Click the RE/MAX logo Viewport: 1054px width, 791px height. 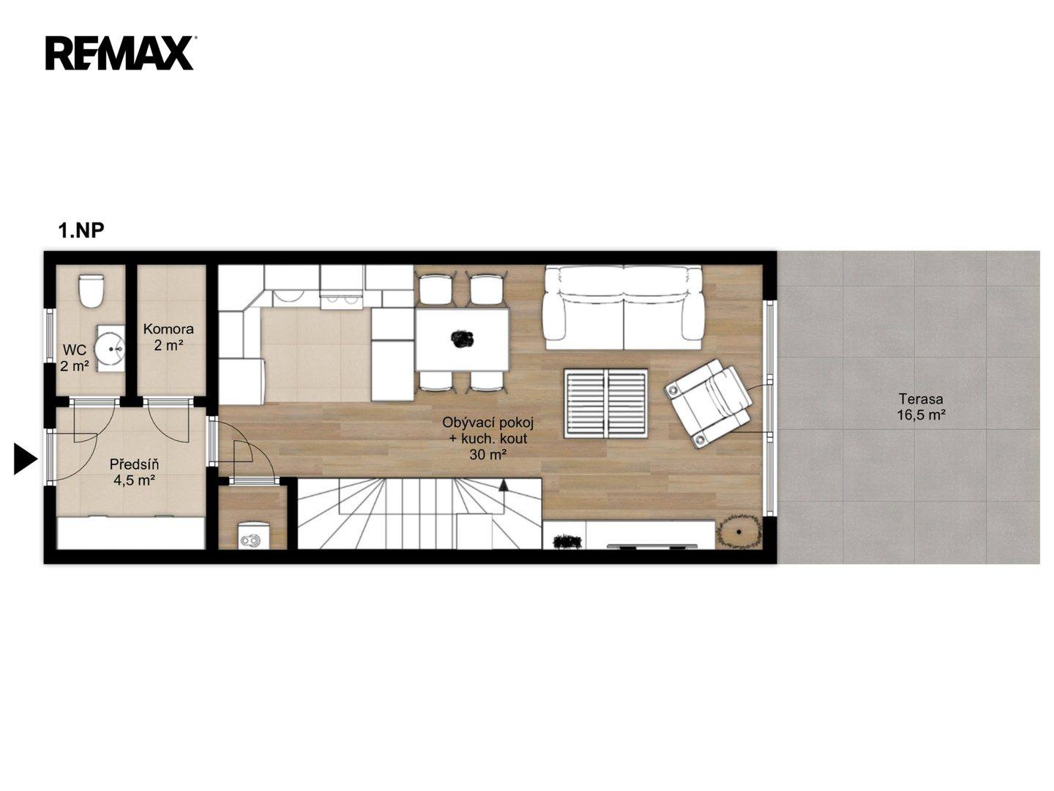[120, 53]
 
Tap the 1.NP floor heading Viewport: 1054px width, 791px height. [81, 231]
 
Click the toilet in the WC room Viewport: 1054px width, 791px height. [91, 291]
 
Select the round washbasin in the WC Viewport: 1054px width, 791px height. [110, 348]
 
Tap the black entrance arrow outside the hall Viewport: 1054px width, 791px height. [26, 458]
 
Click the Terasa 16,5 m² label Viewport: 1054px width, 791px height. [921, 406]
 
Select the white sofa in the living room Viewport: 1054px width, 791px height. [622, 308]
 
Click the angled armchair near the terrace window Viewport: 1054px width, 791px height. [709, 404]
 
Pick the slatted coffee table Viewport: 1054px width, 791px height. [605, 403]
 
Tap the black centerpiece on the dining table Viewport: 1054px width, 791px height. [462, 338]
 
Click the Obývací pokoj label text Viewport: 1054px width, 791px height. [488, 423]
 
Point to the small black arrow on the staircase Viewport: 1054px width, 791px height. [504, 485]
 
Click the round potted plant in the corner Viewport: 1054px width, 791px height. [739, 531]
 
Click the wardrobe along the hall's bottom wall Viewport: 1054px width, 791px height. [131, 533]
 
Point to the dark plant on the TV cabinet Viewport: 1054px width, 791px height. [567, 542]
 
